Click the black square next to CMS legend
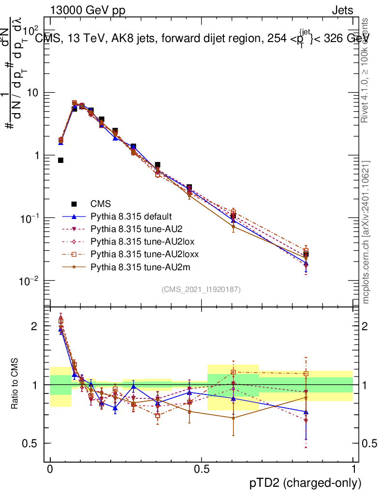point(74,204)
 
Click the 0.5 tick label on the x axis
point(202,469)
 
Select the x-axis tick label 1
point(353,469)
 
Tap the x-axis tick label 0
point(50,469)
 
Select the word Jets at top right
point(342,10)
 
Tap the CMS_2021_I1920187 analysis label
point(201,290)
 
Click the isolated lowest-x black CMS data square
point(61,160)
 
